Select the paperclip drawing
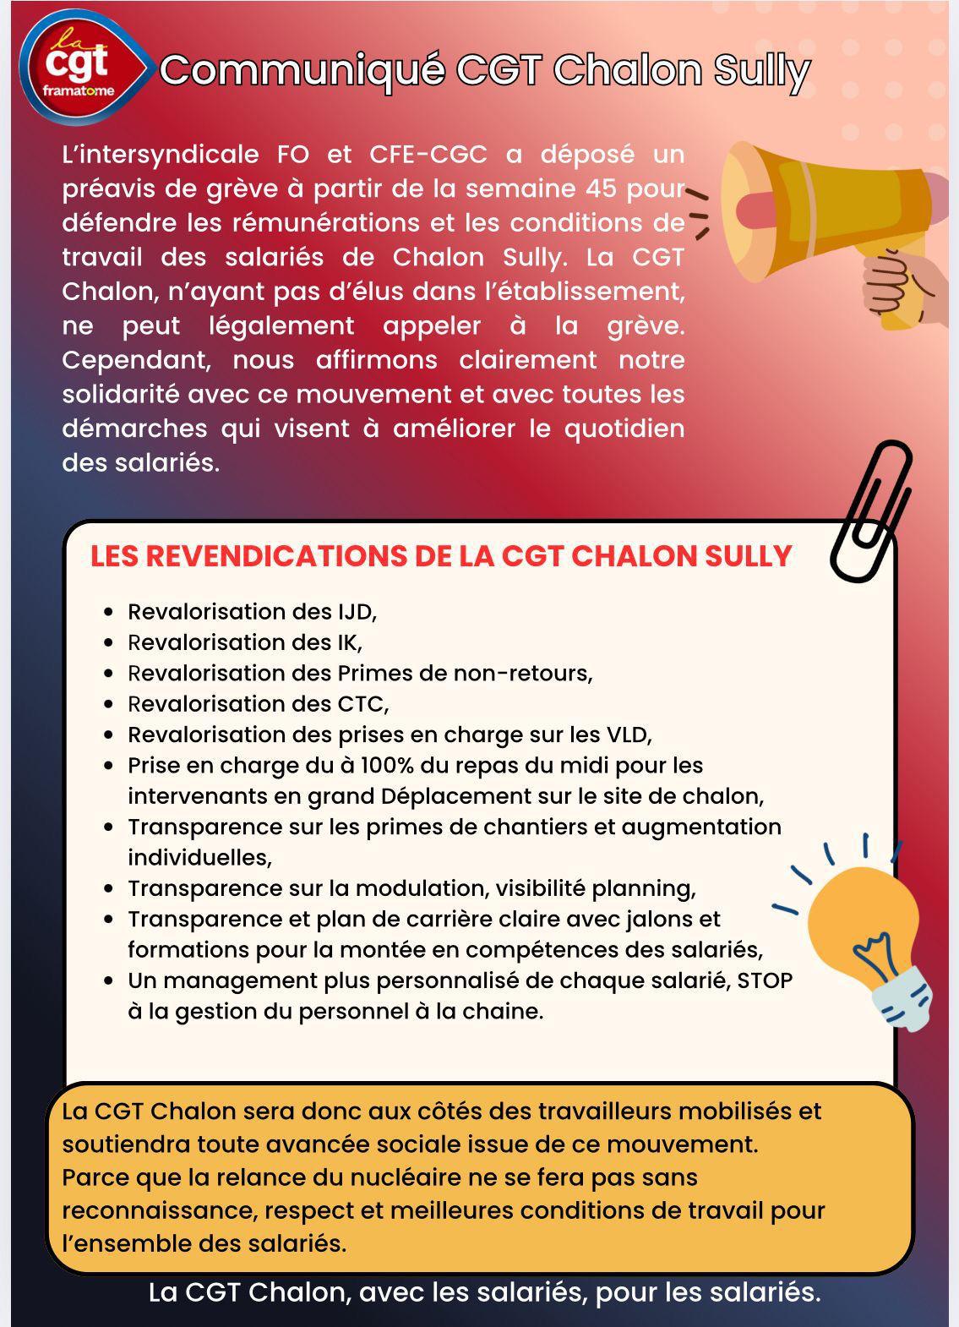[x=870, y=512]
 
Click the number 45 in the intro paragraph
[x=600, y=188]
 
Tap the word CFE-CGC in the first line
[x=428, y=154]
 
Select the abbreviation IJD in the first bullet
[x=356, y=611]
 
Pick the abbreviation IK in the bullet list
[x=349, y=642]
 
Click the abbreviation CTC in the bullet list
[x=362, y=704]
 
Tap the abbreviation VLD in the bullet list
[x=628, y=734]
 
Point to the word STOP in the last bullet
[x=765, y=980]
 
